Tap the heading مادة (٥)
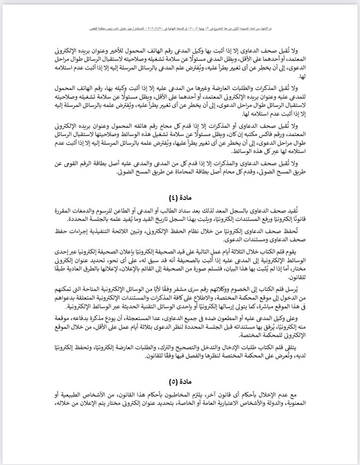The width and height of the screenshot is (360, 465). (180, 383)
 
